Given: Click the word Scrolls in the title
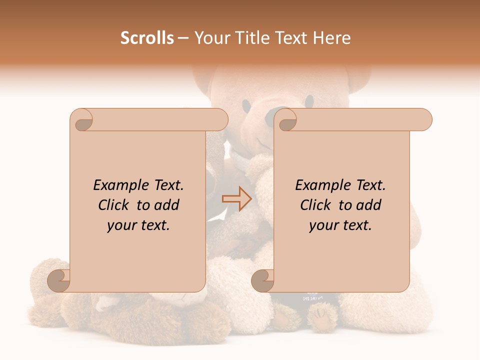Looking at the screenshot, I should [147, 38].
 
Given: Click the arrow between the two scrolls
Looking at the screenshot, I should [236, 198].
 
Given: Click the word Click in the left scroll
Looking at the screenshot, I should [114, 205].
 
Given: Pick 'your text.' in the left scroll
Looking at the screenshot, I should [138, 225].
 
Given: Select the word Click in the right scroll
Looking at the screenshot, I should [316, 205].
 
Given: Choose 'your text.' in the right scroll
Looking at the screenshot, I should [340, 225].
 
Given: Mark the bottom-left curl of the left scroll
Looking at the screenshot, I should [59, 280].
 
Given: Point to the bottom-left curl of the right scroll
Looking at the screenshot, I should [263, 280].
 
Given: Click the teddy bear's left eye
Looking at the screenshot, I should [246, 104].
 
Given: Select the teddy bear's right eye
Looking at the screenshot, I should [309, 100].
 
